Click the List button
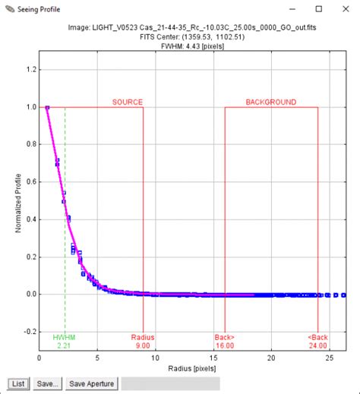18,383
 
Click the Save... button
46,383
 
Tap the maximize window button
317,10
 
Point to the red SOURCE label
128,102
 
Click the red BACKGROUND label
270,102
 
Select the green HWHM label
65,336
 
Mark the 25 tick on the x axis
329,358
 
